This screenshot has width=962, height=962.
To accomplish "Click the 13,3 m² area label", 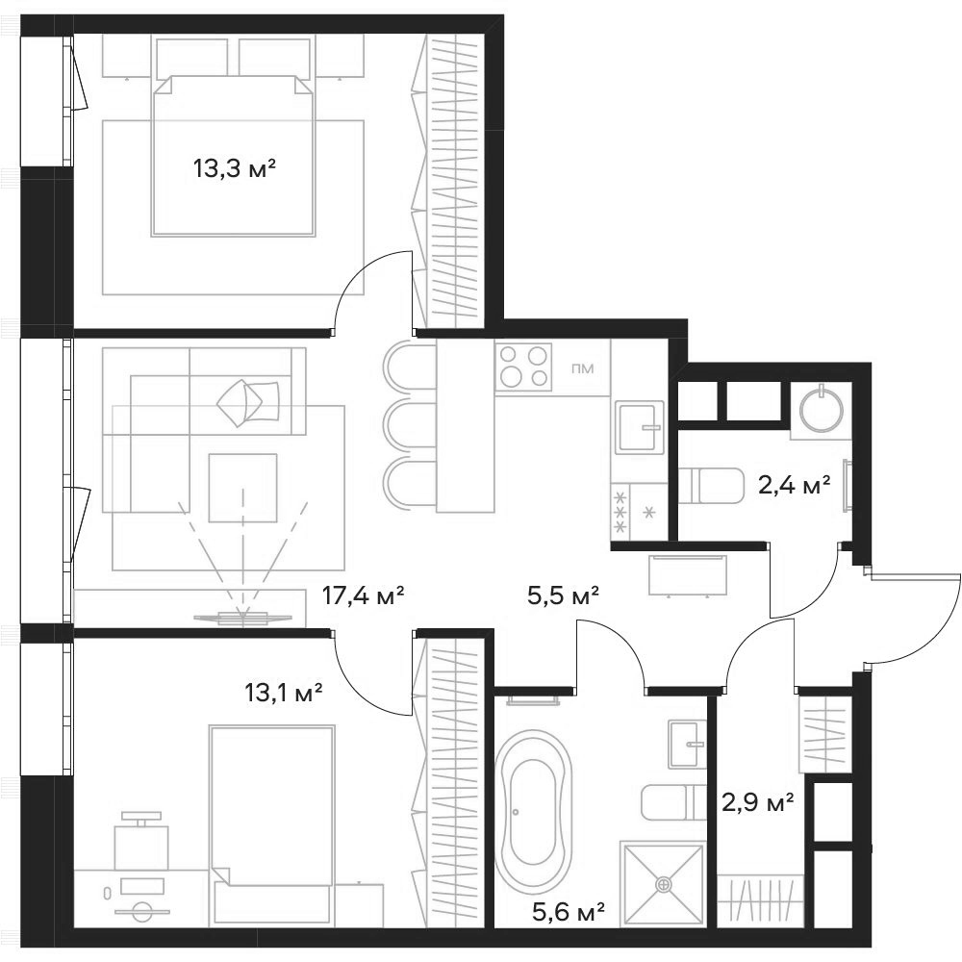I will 235,170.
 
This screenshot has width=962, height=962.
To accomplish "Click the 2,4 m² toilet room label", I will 795,487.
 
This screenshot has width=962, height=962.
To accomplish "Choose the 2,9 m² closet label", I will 758,801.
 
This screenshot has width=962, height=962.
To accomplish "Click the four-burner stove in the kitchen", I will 524,367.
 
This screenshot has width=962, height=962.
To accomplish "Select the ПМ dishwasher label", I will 581,367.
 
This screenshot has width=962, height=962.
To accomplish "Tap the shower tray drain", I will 663,883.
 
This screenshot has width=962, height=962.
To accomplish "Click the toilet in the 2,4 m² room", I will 710,487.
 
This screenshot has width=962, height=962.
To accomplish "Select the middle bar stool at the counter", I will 408,422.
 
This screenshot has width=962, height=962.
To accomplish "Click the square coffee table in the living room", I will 242,487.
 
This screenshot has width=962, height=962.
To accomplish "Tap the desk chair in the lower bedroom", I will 140,842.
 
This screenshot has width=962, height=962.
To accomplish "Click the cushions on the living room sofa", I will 247,399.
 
